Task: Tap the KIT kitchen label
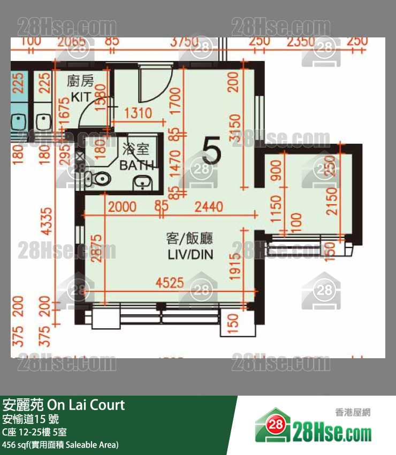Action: [80, 98]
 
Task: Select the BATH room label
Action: [137, 165]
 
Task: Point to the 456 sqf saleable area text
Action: [60, 444]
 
